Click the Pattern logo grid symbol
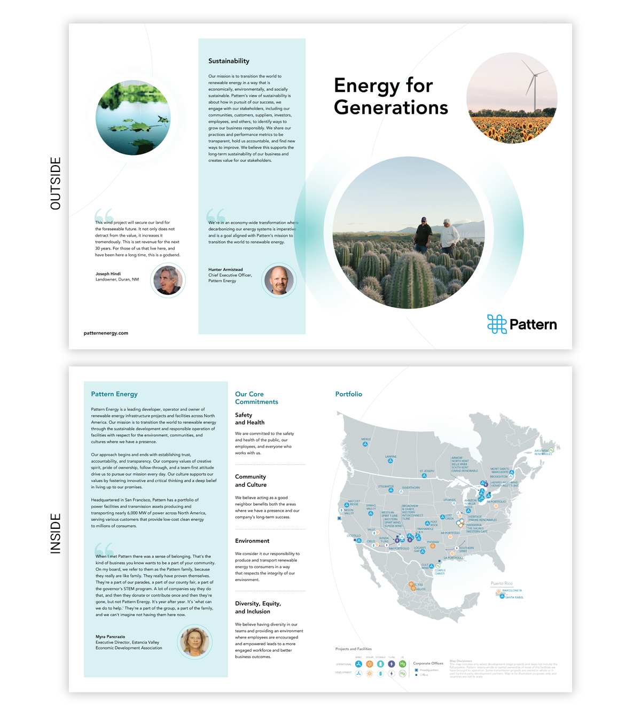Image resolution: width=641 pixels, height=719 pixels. (x=496, y=324)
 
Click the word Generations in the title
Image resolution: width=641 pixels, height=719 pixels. (x=390, y=107)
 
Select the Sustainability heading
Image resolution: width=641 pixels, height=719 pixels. (x=229, y=61)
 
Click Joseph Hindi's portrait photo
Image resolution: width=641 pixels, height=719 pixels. (x=168, y=280)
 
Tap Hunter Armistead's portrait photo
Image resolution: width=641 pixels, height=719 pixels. (x=279, y=279)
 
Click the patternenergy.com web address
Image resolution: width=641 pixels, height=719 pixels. (x=106, y=333)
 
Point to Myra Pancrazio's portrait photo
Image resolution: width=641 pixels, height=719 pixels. (x=195, y=642)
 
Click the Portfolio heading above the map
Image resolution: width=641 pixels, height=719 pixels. (x=348, y=394)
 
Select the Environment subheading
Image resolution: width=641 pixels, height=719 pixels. (x=252, y=541)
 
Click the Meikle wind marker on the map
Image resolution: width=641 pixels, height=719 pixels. (x=365, y=444)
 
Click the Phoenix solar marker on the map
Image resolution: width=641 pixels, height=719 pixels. (x=433, y=546)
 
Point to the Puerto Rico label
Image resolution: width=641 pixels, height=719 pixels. (x=502, y=583)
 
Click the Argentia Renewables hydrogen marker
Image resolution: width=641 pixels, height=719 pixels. (x=551, y=450)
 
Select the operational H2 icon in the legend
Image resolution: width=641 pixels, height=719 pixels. (x=402, y=664)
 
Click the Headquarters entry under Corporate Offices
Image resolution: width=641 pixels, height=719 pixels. (x=428, y=670)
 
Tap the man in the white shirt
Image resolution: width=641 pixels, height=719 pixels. (x=450, y=236)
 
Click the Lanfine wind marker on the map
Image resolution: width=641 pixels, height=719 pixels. (x=391, y=462)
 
